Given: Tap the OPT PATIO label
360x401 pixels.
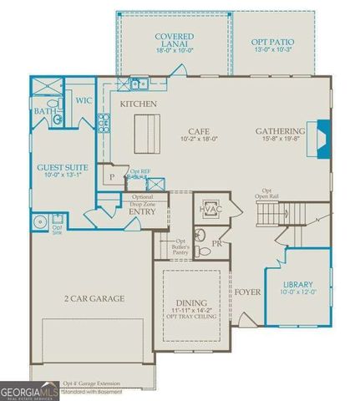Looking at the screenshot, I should click(275, 42).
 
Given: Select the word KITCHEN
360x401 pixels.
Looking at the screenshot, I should click(139, 104).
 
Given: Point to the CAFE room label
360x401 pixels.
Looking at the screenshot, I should click(198, 131).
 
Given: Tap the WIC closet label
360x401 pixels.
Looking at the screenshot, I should click(83, 101).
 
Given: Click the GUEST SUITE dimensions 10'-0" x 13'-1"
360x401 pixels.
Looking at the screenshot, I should click(58, 175).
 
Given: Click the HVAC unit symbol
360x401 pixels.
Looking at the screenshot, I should click(209, 209).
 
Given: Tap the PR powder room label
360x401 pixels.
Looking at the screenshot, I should click(216, 244).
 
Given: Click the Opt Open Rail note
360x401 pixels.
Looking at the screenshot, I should click(267, 194).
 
